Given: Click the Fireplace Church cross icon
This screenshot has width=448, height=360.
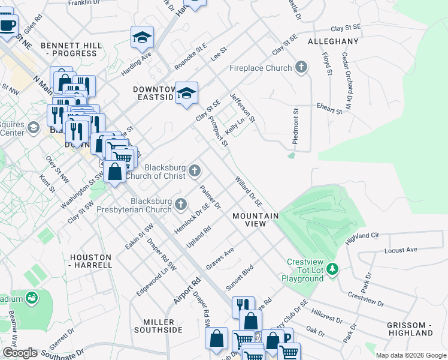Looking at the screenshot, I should (301, 67).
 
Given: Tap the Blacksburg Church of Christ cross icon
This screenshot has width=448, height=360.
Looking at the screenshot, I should (194, 172).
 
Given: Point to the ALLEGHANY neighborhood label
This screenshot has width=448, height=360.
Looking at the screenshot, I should (333, 42).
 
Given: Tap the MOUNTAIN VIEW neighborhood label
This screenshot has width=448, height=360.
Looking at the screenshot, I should (255, 220).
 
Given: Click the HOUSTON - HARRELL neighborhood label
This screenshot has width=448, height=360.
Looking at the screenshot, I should (91, 260).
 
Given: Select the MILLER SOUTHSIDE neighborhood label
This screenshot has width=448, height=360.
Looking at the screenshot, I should (158, 326).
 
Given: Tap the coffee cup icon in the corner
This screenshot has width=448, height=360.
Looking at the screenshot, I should (8, 26).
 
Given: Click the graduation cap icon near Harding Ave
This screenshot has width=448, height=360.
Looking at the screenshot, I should (143, 37).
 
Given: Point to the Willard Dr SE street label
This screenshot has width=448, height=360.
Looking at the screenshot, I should (249, 193).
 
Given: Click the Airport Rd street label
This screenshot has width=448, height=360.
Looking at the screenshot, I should (187, 290).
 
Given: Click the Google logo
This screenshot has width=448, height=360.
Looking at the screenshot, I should (20, 353).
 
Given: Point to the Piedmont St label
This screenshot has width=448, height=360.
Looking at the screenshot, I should (295, 125).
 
